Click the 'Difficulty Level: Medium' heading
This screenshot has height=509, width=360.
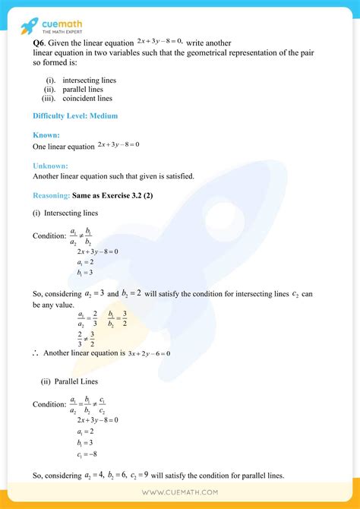[75, 116]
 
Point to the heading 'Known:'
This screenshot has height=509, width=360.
[46, 134]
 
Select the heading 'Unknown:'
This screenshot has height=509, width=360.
[50, 165]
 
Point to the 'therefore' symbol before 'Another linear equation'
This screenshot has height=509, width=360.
[36, 353]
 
